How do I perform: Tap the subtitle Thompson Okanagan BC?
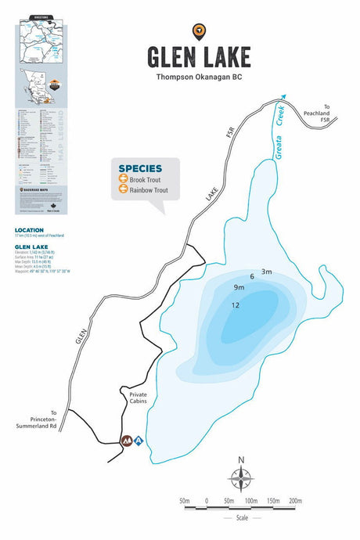[x=199, y=77]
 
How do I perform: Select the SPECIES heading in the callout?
[x=141, y=168]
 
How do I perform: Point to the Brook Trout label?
[x=145, y=180]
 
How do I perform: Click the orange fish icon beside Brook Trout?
[x=123, y=180]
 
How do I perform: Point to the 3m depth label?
[x=266, y=272]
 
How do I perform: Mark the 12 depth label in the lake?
[x=235, y=305]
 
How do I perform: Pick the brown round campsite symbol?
[x=125, y=441]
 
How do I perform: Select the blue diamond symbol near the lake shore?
[x=139, y=441]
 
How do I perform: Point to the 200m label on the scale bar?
[x=295, y=500]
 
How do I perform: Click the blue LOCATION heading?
[x=29, y=231]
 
